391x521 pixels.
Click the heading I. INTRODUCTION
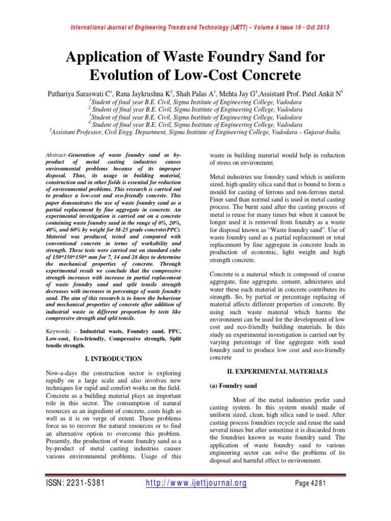114,359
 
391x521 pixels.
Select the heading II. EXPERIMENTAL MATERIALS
277,371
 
